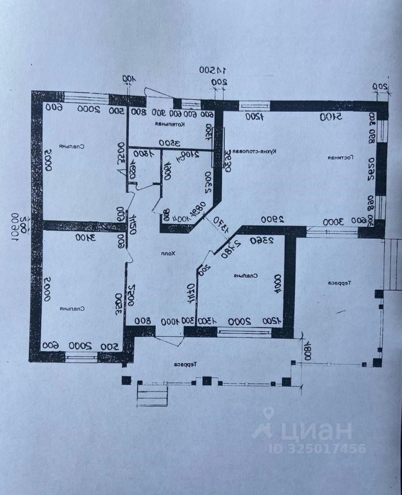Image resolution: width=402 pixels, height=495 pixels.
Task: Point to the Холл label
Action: coord(168,254)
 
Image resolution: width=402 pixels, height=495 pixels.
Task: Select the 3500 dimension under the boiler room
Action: coord(168,143)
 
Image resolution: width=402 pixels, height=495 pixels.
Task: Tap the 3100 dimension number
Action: coord(83,237)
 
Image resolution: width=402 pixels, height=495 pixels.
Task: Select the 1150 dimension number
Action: coord(133,224)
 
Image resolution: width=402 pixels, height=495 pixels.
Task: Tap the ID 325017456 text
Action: coord(317,448)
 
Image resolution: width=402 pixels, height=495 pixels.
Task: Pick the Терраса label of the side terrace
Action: coord(338,284)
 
